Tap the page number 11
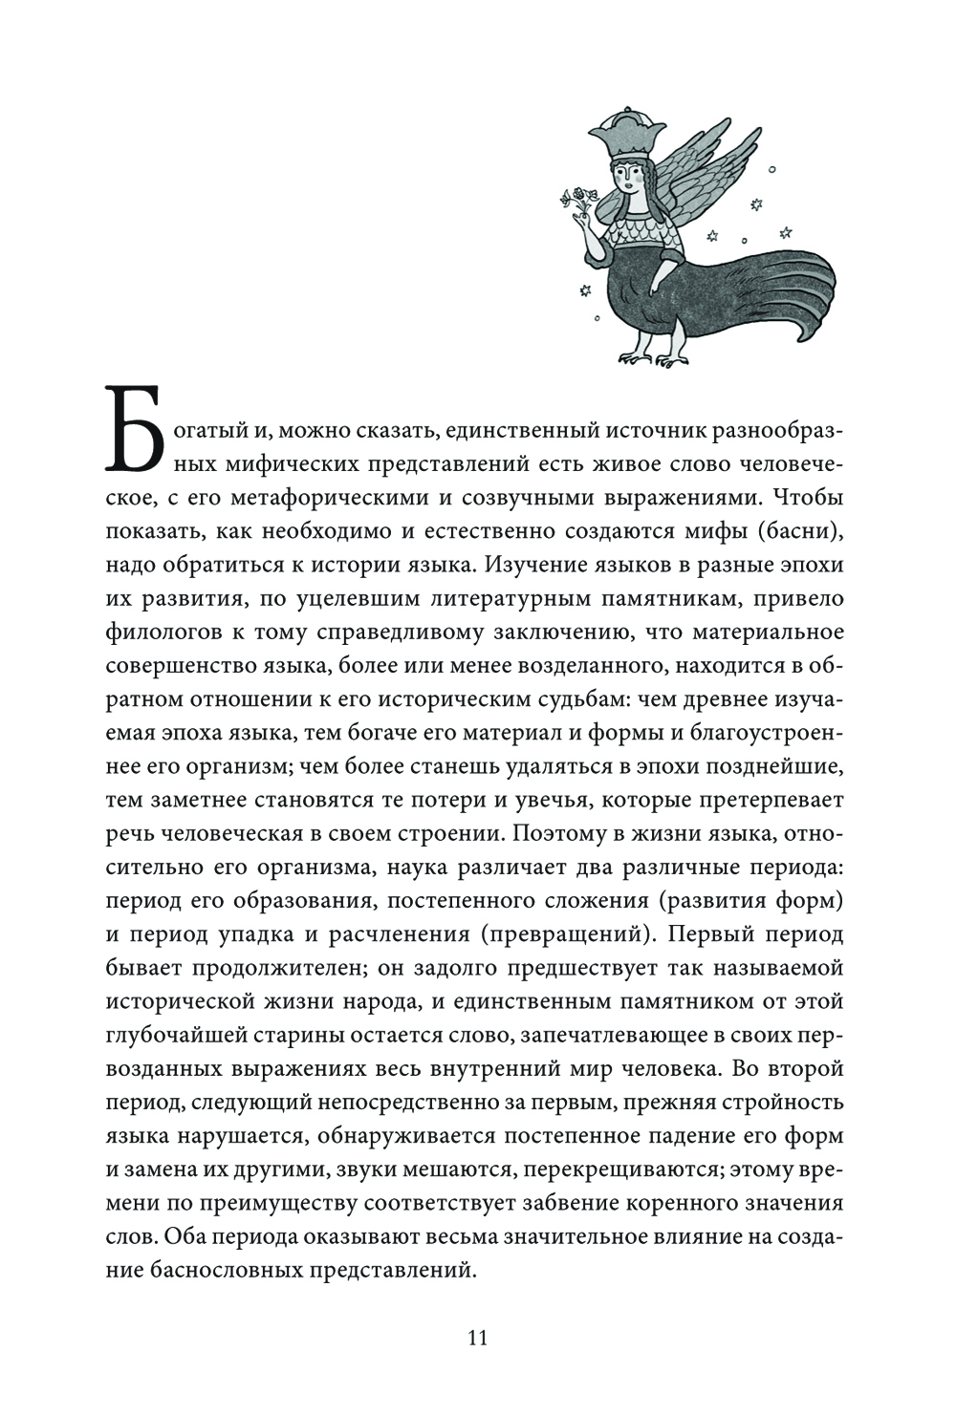point(478,1337)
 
